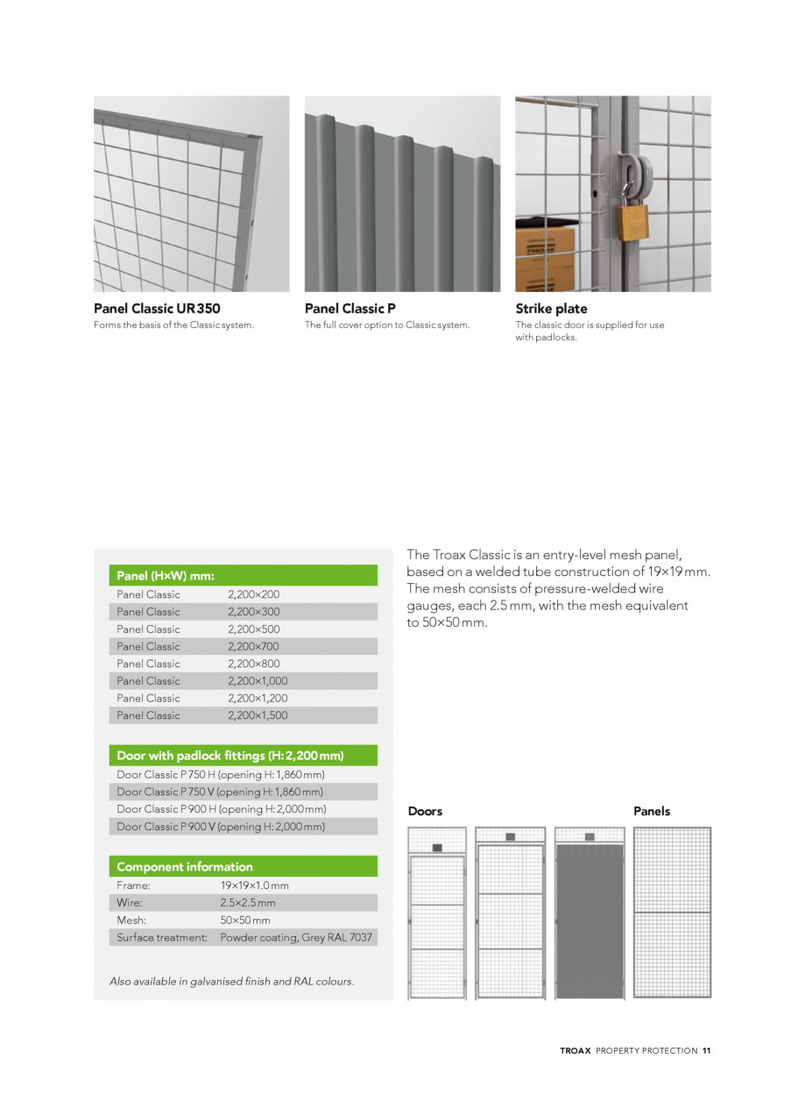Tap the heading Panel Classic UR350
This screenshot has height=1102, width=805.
pos(157,309)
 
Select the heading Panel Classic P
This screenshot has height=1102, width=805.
pos(350,309)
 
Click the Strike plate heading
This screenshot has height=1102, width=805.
pos(551,309)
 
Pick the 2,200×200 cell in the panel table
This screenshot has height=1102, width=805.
pos(253,594)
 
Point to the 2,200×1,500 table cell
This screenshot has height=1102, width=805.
pos(257,715)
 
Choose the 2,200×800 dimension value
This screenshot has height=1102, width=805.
pos(253,664)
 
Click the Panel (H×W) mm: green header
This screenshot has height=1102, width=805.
pos(166,576)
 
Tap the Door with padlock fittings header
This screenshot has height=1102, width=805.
pos(229,756)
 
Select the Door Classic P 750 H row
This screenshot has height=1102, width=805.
pos(220,775)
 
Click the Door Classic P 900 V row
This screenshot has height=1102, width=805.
pos(220,827)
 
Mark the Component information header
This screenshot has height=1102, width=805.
pos(185,867)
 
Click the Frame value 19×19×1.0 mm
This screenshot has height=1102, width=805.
pos(254,885)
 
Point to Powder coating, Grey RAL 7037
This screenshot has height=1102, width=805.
pos(296,937)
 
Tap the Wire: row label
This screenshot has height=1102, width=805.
pos(129,903)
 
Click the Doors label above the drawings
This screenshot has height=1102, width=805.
pos(425,812)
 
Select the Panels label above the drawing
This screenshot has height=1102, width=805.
pos(651,812)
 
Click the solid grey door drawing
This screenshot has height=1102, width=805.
pos(589,921)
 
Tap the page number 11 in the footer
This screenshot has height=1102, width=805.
pos(706,1050)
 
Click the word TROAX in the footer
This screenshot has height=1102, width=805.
pos(576,1050)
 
